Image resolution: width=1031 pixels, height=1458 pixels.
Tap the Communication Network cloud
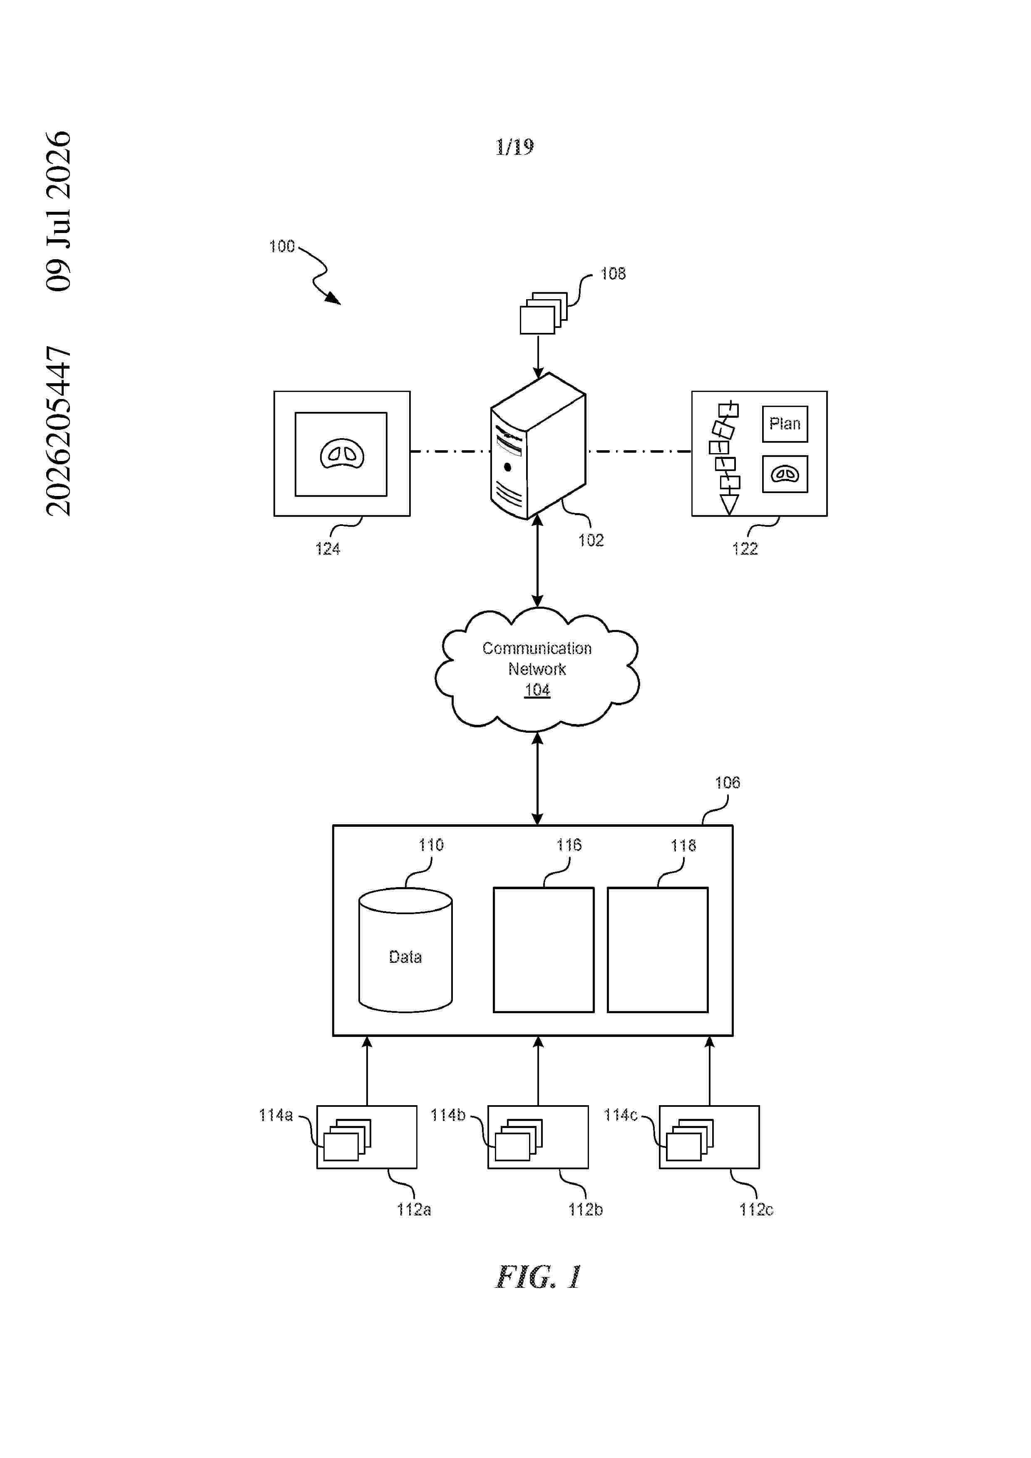[537, 669]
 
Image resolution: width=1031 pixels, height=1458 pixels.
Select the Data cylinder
[405, 950]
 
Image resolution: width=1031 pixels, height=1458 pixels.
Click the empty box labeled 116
[544, 950]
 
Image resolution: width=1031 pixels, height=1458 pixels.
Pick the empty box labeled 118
[658, 950]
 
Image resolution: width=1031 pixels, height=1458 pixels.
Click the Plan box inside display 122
[785, 424]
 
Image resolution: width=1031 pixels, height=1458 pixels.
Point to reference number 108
[613, 274]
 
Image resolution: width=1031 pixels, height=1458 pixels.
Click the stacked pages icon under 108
[544, 312]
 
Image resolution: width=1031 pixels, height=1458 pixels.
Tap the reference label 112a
[414, 1210]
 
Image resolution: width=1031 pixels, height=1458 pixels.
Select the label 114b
[448, 1115]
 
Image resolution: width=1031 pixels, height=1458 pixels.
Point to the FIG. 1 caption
[538, 1277]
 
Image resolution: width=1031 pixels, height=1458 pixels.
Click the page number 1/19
[514, 147]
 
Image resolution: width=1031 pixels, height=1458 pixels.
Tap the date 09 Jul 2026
[58, 211]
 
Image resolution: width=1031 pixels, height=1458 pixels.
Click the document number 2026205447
[58, 431]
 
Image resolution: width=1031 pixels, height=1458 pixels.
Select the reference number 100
[282, 246]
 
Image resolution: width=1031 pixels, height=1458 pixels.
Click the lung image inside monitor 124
[342, 454]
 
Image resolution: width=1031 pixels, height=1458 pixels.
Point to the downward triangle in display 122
[729, 505]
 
